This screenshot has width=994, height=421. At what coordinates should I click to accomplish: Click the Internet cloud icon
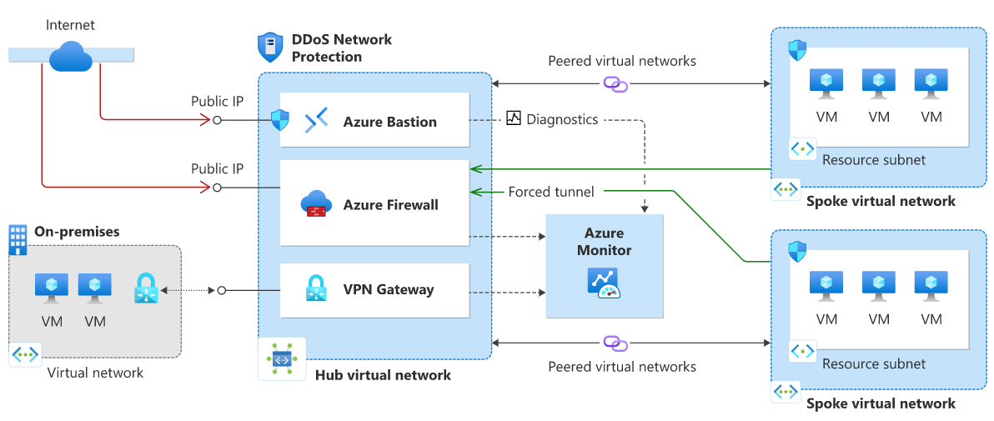[x=71, y=56]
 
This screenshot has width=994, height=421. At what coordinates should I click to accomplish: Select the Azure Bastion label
[x=389, y=122]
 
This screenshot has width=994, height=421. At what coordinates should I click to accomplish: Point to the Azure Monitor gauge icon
[x=605, y=283]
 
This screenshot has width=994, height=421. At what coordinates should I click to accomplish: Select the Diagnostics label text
[x=562, y=119]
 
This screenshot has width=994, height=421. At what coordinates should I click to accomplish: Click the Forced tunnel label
[x=551, y=193]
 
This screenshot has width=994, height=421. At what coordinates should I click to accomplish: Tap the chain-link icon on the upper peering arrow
[x=615, y=84]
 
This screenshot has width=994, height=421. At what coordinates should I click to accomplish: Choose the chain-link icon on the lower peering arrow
[x=615, y=343]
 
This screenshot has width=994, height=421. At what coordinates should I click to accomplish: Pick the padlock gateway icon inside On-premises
[x=146, y=288]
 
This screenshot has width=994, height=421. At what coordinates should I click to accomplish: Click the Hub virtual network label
[x=383, y=375]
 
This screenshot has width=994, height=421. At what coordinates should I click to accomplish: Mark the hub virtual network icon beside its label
[x=281, y=359]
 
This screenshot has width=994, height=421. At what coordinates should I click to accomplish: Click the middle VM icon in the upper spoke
[x=878, y=83]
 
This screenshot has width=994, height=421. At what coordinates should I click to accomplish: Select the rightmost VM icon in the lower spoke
[x=931, y=285]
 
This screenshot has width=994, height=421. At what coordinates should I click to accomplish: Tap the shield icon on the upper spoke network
[x=797, y=49]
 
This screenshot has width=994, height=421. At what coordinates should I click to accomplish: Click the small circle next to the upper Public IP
[x=218, y=120]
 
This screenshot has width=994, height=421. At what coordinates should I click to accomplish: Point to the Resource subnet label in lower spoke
[x=873, y=363]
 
